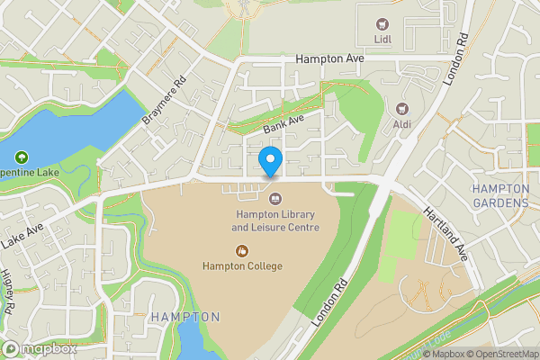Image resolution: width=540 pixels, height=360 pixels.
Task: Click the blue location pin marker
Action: click(x=271, y=162)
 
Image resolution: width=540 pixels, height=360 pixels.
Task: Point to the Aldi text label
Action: click(x=400, y=122)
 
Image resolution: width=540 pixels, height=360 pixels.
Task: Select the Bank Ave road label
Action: click(x=284, y=124)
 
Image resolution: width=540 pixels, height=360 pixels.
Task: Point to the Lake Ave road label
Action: click(x=24, y=238)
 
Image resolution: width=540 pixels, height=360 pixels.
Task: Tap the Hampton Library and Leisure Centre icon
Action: click(x=275, y=199)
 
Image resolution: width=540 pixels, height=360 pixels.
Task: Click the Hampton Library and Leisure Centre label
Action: click(x=277, y=221)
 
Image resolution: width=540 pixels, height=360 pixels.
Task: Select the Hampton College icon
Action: click(x=241, y=250)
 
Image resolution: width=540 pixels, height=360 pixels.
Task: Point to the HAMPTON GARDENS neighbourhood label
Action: click(x=500, y=196)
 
